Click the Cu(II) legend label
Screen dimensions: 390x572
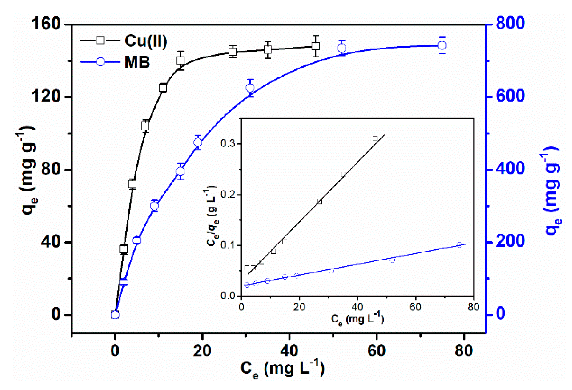(146, 41)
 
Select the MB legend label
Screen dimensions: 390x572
(137, 62)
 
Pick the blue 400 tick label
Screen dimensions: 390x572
(510, 169)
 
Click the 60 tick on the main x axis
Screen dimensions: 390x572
(376, 350)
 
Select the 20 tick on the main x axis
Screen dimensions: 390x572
(202, 350)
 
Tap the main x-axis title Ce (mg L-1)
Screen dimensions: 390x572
(282, 369)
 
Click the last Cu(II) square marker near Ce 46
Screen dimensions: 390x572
(316, 46)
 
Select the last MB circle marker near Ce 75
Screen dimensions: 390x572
(442, 46)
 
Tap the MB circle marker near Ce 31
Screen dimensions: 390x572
(250, 88)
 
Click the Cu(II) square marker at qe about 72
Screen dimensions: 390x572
(133, 184)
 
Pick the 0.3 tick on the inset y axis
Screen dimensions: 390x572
(228, 143)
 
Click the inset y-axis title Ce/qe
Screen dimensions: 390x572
(212, 216)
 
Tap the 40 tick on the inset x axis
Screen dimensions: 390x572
(357, 307)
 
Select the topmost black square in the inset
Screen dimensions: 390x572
(375, 138)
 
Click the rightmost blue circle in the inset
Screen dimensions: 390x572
(459, 245)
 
